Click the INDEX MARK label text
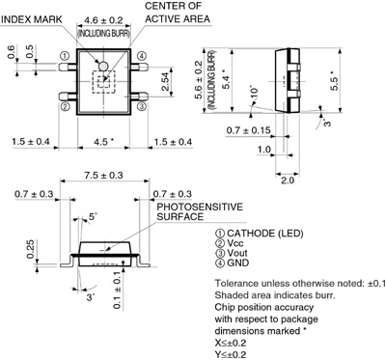coord(31,19)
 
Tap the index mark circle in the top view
coord(103,66)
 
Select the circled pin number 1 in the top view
coord(65,56)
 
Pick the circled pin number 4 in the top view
coord(142,56)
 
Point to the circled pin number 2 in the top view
coord(65,106)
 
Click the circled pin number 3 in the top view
coord(142,106)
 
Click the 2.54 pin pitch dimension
coord(166,81)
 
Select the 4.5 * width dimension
coord(103,142)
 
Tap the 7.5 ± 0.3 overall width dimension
coord(103,176)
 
